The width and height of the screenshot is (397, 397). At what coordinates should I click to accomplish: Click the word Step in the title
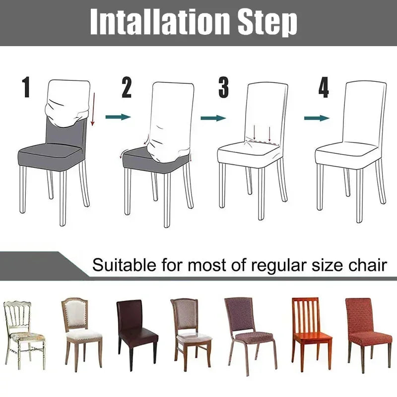pos(269,21)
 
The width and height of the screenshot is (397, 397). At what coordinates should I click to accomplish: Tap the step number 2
pos(127,88)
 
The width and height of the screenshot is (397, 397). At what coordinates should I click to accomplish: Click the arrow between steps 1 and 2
pos(118,117)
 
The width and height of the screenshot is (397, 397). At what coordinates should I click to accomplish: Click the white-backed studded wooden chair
pos(81,330)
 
